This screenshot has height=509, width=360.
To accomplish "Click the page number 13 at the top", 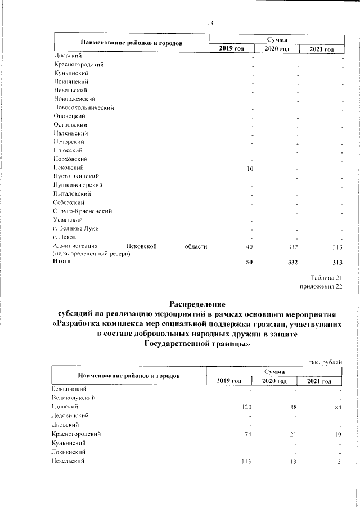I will tap(210, 23).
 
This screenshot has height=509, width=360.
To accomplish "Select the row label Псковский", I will tap(69, 168).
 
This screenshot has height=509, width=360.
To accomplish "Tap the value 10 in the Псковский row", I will tap(250, 168).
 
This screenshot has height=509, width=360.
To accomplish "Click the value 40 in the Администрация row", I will tap(250, 247).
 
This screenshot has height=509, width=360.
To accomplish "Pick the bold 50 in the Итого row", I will tap(250, 262).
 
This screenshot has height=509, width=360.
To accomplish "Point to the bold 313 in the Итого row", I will tap(337, 262).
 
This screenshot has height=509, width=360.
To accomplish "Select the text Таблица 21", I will tap(326, 277).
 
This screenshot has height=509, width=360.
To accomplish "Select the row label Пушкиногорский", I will tap(78, 185).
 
